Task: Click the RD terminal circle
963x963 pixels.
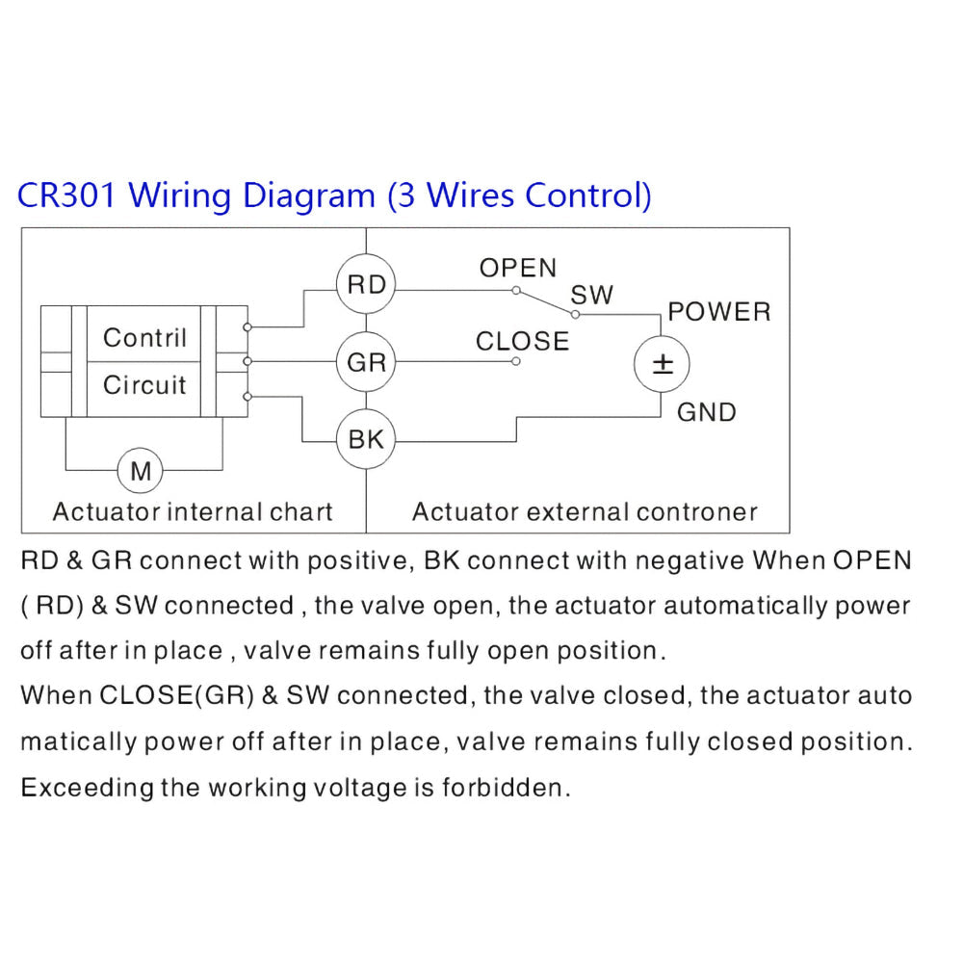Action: click(366, 285)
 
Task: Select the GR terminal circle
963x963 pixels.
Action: click(366, 363)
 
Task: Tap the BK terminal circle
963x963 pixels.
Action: click(366, 440)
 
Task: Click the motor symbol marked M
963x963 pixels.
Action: click(141, 471)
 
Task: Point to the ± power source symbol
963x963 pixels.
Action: click(662, 364)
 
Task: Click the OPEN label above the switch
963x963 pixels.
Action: click(518, 269)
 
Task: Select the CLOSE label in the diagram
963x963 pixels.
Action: click(522, 341)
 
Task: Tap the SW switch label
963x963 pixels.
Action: click(591, 295)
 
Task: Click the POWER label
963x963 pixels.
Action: click(719, 312)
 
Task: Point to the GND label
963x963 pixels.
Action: click(706, 412)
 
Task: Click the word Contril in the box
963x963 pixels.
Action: click(144, 338)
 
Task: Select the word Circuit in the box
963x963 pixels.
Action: click(144, 385)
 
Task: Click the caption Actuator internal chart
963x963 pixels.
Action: click(193, 511)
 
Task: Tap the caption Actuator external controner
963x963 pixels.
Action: click(585, 511)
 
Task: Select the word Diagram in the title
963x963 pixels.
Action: click(308, 195)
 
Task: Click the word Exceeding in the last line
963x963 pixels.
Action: click(87, 788)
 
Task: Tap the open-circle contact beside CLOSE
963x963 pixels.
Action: click(516, 362)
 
